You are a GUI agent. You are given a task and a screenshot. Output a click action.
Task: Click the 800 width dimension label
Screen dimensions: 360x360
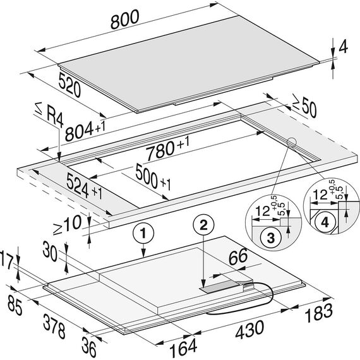coord(125,20)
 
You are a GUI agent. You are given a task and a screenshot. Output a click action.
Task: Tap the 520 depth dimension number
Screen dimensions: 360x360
coord(69,85)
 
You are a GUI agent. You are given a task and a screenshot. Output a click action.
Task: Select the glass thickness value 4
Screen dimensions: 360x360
coord(343,46)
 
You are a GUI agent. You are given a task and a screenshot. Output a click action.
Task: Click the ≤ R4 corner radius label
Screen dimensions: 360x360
coord(49,114)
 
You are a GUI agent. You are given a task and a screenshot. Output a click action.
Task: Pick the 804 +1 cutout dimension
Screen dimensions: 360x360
coord(85,131)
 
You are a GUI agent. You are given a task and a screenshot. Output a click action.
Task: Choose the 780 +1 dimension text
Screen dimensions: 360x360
coord(168,148)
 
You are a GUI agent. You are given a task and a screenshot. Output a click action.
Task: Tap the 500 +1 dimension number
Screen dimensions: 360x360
coord(153,177)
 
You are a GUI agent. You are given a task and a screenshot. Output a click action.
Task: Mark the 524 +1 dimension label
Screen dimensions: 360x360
coord(84,186)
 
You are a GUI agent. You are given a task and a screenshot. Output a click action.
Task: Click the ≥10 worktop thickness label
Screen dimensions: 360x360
coord(67,225)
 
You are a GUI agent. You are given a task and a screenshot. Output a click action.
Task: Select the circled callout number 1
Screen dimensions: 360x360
coord(143,233)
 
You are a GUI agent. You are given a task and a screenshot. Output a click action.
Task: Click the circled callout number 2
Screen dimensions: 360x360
coord(203,224)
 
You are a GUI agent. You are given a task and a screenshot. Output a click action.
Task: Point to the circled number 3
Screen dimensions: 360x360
coord(271,237)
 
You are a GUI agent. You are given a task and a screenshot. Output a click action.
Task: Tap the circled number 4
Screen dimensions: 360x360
coord(325,222)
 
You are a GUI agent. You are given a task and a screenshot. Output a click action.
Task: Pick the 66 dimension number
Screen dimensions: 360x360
coord(238,256)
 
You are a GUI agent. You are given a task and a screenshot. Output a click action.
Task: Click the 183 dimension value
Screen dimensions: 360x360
coord(319,312)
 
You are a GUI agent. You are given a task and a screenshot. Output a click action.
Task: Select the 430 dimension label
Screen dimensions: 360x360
coord(249,330)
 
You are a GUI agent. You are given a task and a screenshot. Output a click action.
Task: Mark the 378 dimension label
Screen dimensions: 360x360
coord(54,327)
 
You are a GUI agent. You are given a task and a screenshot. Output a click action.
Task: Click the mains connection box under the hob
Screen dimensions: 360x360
coord(226,287)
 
